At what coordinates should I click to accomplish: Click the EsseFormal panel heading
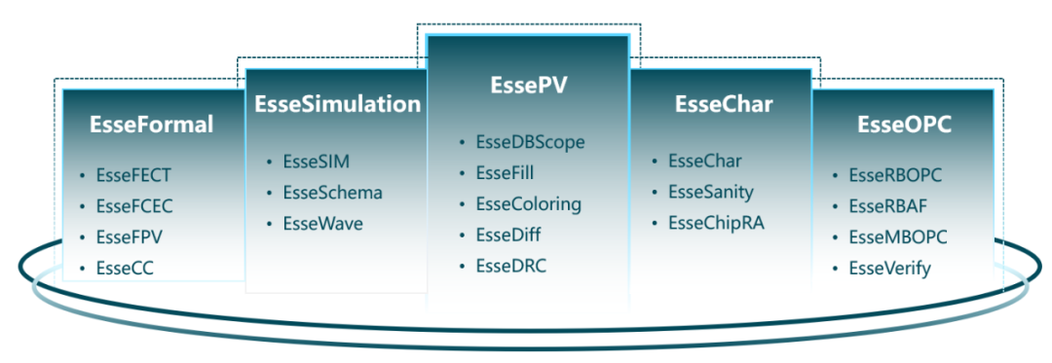click(x=152, y=125)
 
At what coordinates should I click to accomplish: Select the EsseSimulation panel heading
click(x=338, y=104)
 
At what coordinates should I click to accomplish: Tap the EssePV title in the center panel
click(x=529, y=86)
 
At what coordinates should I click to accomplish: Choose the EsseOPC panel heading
click(x=904, y=125)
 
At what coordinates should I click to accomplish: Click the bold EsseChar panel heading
click(x=724, y=104)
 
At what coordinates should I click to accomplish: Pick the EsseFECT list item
click(x=134, y=175)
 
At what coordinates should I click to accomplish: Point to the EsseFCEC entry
click(x=134, y=206)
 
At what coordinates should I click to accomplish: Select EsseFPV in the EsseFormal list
click(x=130, y=237)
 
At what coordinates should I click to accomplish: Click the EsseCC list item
click(x=126, y=269)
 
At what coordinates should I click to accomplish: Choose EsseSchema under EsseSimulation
click(x=333, y=193)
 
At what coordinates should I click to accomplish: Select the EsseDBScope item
click(x=531, y=142)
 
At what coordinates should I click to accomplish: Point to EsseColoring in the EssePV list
click(x=529, y=203)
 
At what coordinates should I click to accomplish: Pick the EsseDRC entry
click(x=511, y=266)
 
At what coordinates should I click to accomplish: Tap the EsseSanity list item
click(x=711, y=193)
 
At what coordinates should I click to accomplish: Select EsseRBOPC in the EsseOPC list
click(x=896, y=175)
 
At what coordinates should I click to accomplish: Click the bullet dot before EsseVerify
click(x=836, y=270)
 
